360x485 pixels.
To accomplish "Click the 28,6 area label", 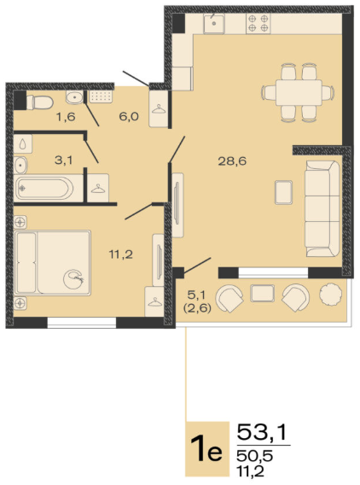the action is coord(232,161).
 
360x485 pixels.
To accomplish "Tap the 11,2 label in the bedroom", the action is coord(121,254).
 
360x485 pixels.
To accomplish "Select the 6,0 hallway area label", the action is coord(129,117).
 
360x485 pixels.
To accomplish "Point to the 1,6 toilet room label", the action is coord(66,117).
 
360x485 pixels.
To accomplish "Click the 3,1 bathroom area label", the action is coord(64,161).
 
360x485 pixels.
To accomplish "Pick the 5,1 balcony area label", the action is coord(196,295).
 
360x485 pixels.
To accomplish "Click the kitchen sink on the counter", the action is coord(214,23).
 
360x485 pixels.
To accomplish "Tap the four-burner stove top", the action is coord(258,23).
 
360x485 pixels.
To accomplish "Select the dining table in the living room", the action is coord(299,93).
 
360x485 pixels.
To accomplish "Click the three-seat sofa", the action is coord(322,208).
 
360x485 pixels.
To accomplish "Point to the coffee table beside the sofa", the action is coord(284,192).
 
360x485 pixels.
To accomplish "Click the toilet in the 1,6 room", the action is coord(40,102).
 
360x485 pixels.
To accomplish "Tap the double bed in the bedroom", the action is coord(53,263).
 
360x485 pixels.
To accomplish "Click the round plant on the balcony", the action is coord(331,294).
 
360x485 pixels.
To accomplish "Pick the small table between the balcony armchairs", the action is coord(263,293).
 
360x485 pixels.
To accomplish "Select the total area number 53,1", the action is coord(262,432).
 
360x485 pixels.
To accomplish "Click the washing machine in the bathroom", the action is coord(23,143).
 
